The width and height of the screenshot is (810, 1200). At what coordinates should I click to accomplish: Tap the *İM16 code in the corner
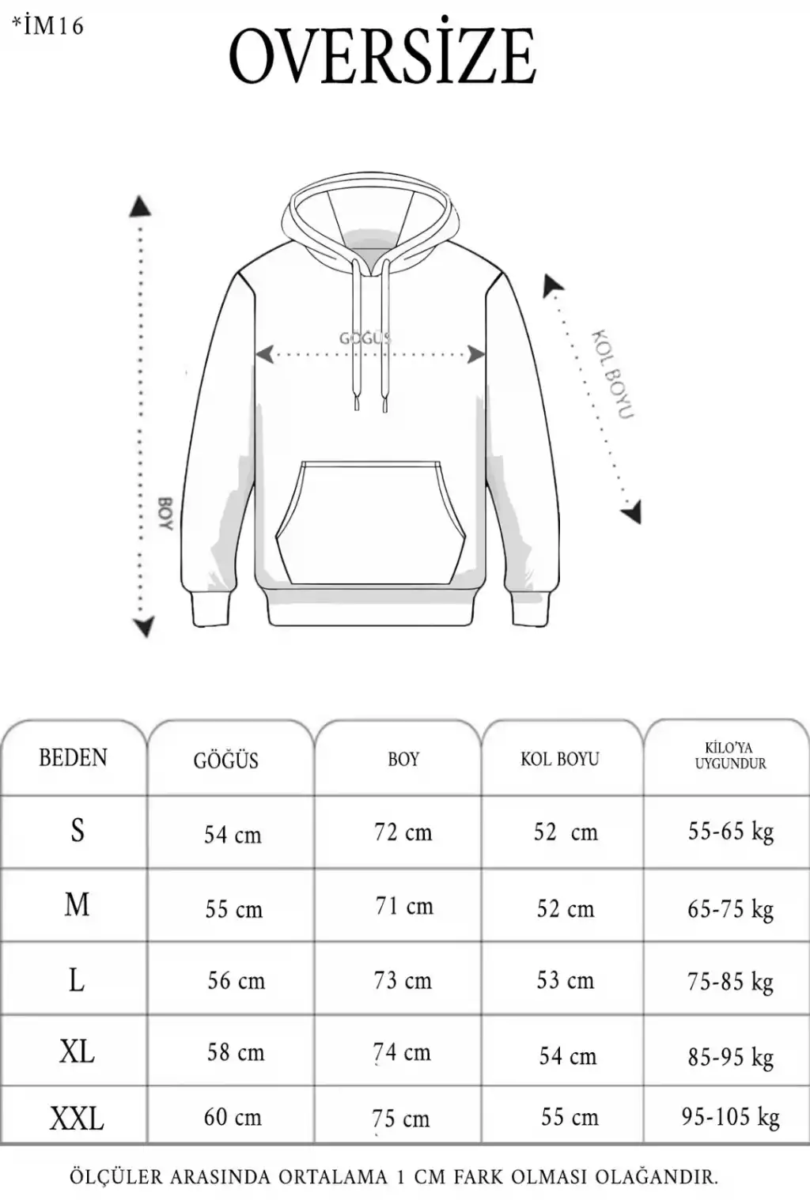click(x=49, y=26)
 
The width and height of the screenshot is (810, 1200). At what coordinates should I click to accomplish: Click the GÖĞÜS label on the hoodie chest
click(x=365, y=338)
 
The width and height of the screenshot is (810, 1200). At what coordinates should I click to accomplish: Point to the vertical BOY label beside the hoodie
click(x=166, y=514)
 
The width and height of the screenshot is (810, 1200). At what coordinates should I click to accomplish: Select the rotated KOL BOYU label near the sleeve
click(x=612, y=375)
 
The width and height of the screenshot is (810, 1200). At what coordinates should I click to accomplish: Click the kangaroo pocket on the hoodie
click(x=370, y=523)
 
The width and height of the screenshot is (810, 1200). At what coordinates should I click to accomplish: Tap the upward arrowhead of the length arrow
click(x=140, y=207)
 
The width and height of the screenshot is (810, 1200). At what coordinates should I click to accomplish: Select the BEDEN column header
click(x=73, y=758)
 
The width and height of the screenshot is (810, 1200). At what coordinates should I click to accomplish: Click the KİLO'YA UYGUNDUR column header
click(x=730, y=756)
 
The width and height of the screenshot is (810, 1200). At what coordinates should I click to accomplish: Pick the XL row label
click(x=77, y=1051)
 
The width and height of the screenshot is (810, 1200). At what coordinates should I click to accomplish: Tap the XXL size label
click(x=77, y=1119)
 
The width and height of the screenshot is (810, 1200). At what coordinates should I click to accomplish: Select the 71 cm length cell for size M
click(x=404, y=906)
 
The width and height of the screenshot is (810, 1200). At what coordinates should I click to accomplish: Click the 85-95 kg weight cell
click(x=731, y=1058)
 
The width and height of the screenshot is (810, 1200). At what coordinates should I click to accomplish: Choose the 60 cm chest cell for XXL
click(x=233, y=1117)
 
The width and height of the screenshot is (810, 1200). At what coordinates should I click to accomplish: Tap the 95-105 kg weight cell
click(x=730, y=1118)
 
